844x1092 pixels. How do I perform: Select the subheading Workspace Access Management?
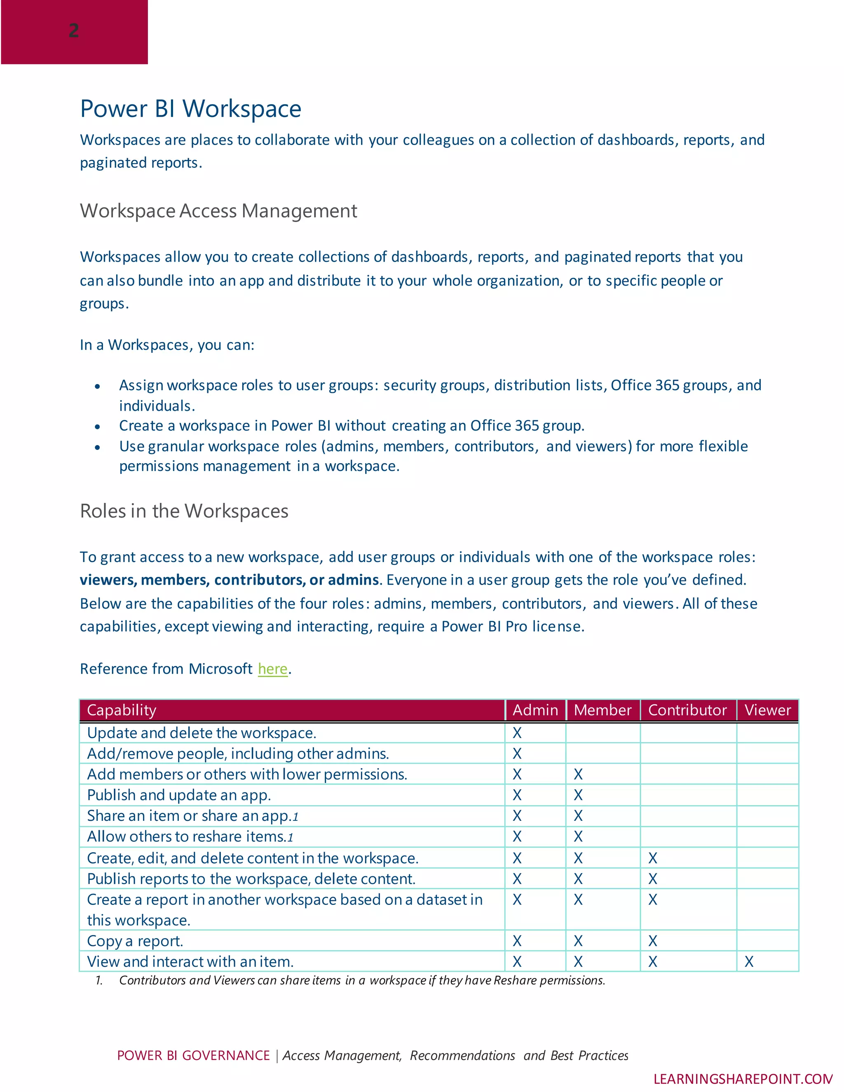tap(218, 211)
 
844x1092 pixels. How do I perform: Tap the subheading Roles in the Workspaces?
tap(184, 511)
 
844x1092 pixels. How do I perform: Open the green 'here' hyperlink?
tap(272, 668)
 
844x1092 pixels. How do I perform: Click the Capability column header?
tap(122, 710)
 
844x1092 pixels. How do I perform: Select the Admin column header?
tap(535, 710)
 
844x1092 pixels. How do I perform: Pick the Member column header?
tap(603, 710)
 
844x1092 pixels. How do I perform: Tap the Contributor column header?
tap(687, 710)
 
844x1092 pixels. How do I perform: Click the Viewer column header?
tap(767, 710)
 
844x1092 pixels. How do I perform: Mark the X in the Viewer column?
tap(749, 961)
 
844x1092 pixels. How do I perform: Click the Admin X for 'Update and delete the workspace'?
tap(517, 733)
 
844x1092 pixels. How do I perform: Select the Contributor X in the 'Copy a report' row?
tap(652, 941)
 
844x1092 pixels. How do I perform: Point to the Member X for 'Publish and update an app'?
tap(578, 795)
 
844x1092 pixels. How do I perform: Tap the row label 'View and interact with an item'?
tap(190, 961)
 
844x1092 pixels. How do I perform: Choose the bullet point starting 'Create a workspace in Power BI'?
tap(352, 426)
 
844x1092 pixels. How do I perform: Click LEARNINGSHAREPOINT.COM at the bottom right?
tap(743, 1079)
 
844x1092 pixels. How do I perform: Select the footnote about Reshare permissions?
tap(361, 980)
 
